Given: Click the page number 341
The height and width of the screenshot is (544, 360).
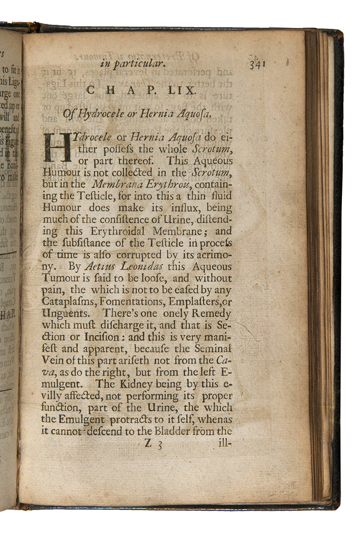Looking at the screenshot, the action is click(257, 64).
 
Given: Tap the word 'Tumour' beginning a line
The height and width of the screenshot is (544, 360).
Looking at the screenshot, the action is click(58, 279).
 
